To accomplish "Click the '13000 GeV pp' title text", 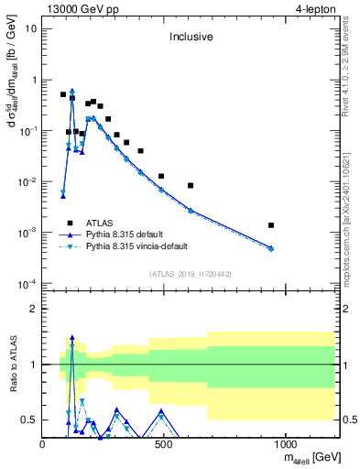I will tap(80, 8).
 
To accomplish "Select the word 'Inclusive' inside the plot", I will tap(190, 38).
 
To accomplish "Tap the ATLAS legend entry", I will tap(106, 223).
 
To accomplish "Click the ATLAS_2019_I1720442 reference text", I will tap(190, 273).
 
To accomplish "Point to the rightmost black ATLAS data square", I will tap(271, 225).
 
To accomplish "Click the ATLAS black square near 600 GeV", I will tap(191, 186).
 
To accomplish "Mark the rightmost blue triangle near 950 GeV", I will tap(271, 248).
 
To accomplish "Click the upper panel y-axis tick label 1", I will tap(34, 80).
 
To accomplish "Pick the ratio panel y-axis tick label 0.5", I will tap(31, 420).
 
